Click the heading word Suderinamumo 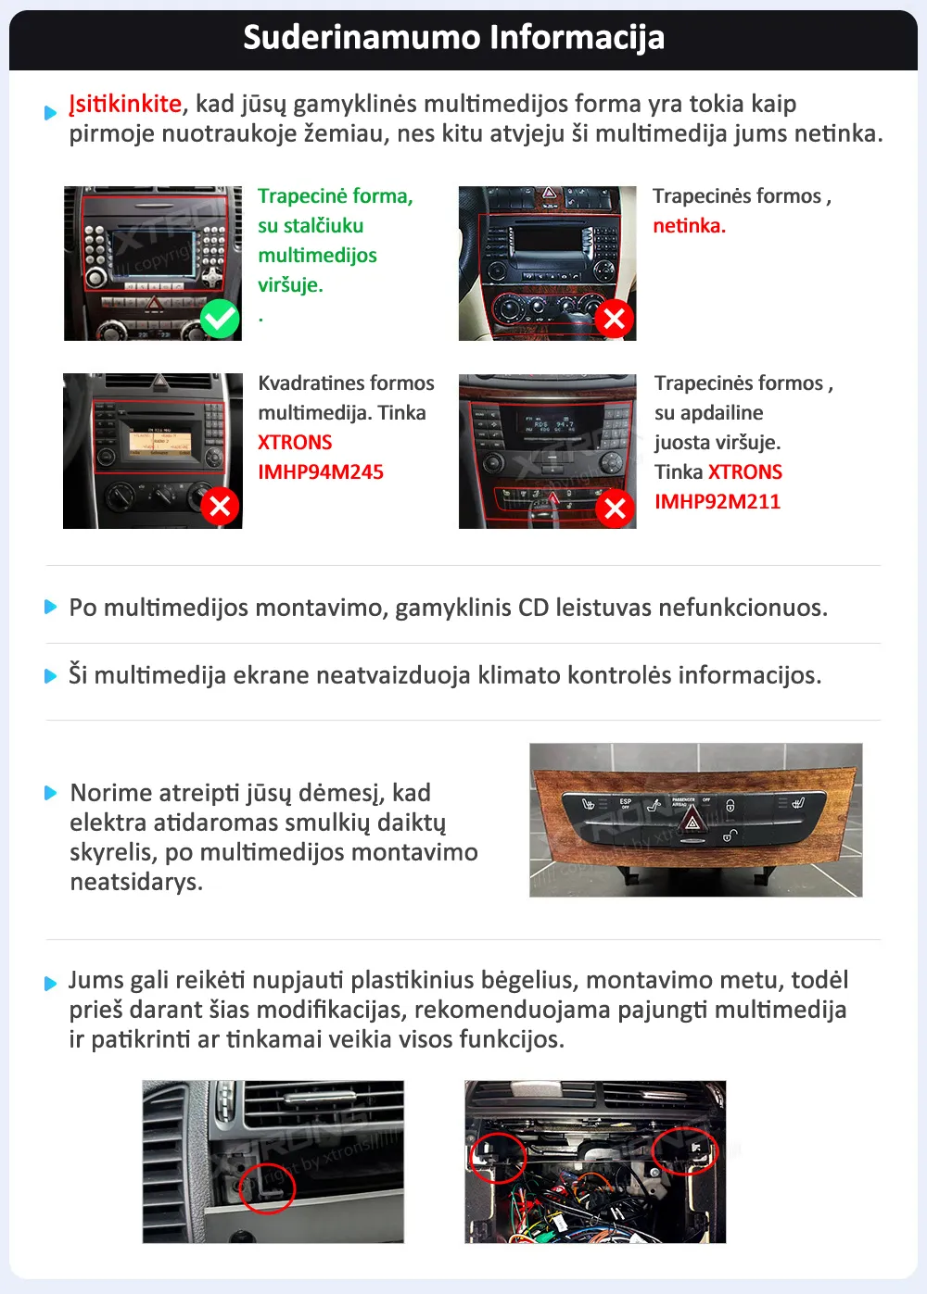tap(361, 37)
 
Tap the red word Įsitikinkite tap(125, 104)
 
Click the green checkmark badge tap(221, 319)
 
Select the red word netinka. tap(689, 226)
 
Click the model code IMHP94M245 tap(321, 472)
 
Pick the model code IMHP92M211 tap(717, 502)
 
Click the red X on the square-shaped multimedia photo tap(220, 506)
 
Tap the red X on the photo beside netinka tap(614, 319)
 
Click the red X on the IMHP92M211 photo tap(614, 508)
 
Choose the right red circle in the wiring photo tap(685, 1151)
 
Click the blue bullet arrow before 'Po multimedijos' tap(51, 608)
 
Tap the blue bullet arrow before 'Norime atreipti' tap(51, 793)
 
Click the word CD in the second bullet tap(533, 608)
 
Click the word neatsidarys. tap(136, 882)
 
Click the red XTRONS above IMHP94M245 tap(295, 443)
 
